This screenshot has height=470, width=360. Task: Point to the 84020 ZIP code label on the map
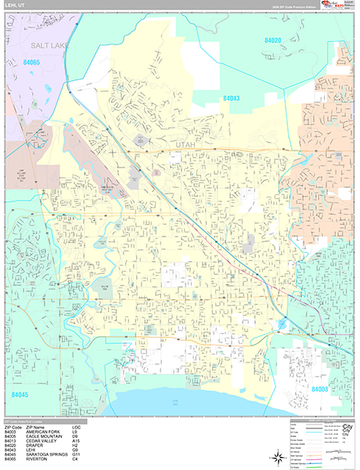(x=273, y=39)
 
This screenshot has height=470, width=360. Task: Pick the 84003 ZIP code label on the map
(x=319, y=389)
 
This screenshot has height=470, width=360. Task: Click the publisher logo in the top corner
(x=337, y=7)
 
